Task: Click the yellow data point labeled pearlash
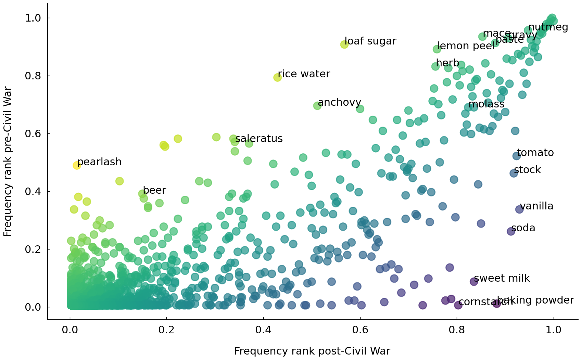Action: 77,165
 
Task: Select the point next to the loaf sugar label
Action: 344,44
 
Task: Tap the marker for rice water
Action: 277,77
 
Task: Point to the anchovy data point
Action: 317,106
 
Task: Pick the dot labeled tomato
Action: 517,156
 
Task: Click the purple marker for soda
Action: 511,231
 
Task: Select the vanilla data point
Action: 519,209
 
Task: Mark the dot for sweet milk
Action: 474,281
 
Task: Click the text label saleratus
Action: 259,139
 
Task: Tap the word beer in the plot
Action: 154,190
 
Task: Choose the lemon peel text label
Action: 466,46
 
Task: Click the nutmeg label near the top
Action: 548,27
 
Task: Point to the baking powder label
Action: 535,300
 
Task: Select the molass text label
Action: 486,104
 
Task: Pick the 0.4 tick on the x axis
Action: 263,330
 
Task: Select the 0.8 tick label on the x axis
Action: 457,330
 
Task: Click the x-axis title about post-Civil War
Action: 312,351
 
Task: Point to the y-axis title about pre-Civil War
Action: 8,161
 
